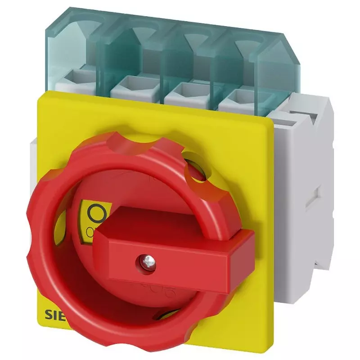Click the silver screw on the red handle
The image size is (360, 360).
point(144,260)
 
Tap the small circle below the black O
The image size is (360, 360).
point(90,231)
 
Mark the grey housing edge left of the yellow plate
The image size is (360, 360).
point(34,162)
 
